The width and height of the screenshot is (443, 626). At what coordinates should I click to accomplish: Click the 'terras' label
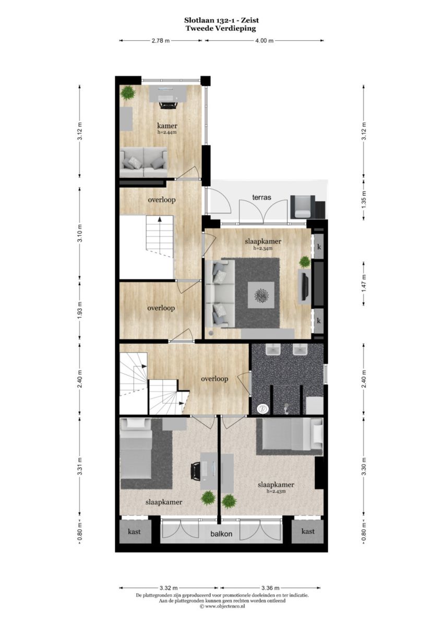tap(261, 197)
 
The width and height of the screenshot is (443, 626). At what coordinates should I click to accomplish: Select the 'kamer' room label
tap(167, 126)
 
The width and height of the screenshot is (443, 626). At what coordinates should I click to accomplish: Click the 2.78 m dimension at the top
tap(160, 41)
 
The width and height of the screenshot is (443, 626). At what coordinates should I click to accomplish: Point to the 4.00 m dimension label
tap(265, 41)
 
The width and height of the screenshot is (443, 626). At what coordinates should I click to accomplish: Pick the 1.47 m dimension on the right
tap(364, 284)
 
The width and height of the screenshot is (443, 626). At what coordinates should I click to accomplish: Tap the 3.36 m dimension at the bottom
tap(271, 595)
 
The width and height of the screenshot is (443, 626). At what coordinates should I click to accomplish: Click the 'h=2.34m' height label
tap(263, 248)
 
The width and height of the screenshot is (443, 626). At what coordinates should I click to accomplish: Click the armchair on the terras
tap(303, 207)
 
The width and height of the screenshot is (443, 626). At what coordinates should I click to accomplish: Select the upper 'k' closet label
tap(319, 247)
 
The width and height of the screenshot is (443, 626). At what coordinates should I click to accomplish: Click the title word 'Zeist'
tap(250, 20)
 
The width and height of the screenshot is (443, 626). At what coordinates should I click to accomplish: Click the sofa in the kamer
tap(143, 162)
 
